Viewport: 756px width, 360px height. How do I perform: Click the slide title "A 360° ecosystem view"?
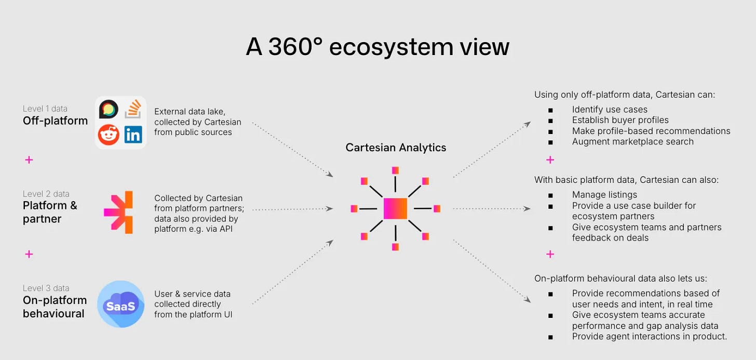click(x=377, y=47)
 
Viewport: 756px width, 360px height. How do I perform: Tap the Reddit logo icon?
click(x=109, y=135)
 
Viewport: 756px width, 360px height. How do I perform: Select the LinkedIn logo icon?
click(x=133, y=135)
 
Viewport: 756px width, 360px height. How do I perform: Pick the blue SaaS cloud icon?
click(x=121, y=304)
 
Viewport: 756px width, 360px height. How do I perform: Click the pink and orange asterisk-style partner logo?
click(x=119, y=212)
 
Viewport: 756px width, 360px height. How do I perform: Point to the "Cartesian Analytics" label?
click(x=396, y=148)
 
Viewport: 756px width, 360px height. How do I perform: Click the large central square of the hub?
click(x=395, y=208)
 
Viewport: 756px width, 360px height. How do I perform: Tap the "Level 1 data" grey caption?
click(x=45, y=109)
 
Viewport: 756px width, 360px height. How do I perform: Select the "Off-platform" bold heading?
click(x=55, y=121)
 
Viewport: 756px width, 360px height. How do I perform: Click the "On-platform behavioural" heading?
click(x=55, y=307)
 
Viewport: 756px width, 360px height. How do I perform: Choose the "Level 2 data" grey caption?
click(x=46, y=194)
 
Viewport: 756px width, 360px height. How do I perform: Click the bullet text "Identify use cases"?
click(x=610, y=110)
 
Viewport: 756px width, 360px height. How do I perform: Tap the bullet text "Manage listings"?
click(x=604, y=195)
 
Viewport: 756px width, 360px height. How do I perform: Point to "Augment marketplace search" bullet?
click(x=632, y=141)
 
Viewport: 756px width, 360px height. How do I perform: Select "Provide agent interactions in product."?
click(x=649, y=337)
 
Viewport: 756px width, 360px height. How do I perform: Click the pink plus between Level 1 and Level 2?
click(x=29, y=160)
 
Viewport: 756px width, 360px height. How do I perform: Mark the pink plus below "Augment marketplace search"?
click(x=550, y=159)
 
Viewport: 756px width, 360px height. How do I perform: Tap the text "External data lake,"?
click(x=191, y=112)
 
